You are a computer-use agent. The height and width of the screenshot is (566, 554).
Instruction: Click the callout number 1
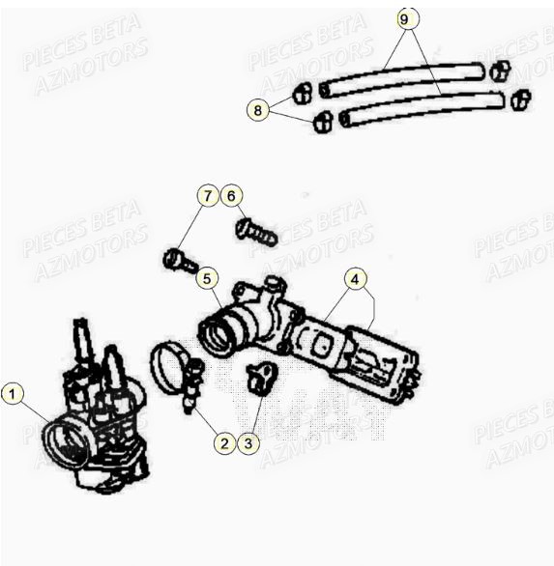(x=12, y=393)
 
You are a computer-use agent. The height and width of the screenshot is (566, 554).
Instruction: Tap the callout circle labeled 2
(x=224, y=443)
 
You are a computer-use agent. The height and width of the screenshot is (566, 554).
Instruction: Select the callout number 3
(x=248, y=443)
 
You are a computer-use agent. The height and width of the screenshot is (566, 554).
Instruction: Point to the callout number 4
(x=356, y=279)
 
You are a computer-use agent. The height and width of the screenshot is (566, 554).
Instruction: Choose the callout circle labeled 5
(x=206, y=279)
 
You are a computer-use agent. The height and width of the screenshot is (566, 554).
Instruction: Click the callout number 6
(x=230, y=195)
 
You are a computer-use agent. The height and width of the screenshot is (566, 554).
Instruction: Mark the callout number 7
(x=206, y=195)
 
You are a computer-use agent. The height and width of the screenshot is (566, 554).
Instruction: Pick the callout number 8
(x=257, y=110)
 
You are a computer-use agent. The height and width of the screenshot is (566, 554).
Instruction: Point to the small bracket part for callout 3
(x=259, y=379)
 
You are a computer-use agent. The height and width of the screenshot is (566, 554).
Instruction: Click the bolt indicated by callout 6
(x=255, y=232)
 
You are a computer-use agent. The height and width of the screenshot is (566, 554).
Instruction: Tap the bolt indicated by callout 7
(x=181, y=261)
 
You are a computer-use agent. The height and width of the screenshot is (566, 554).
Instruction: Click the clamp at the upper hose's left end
(x=302, y=93)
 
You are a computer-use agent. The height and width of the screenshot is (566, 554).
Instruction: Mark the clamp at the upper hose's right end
(x=499, y=71)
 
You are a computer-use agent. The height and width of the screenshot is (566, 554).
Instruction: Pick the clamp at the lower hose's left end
(x=323, y=122)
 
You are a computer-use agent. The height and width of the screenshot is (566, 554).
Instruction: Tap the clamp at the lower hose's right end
(x=520, y=99)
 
